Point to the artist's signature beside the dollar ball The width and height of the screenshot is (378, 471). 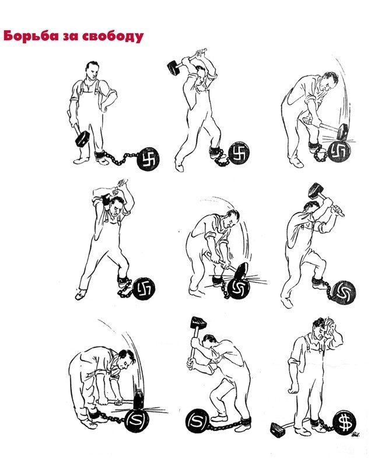356,434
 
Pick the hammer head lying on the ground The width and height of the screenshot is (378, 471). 278,429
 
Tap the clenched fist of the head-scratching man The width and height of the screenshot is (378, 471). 293,389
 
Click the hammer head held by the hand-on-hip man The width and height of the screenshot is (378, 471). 82,138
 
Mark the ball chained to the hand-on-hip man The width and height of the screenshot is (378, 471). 148,159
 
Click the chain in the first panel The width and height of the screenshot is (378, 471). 120,158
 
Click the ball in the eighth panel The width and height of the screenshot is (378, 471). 197,421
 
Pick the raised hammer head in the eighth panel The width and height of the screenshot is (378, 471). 198,322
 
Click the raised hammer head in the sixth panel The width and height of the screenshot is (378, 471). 316,190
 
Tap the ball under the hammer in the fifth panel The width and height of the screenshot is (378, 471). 239,289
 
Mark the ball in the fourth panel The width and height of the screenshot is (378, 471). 143,289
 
